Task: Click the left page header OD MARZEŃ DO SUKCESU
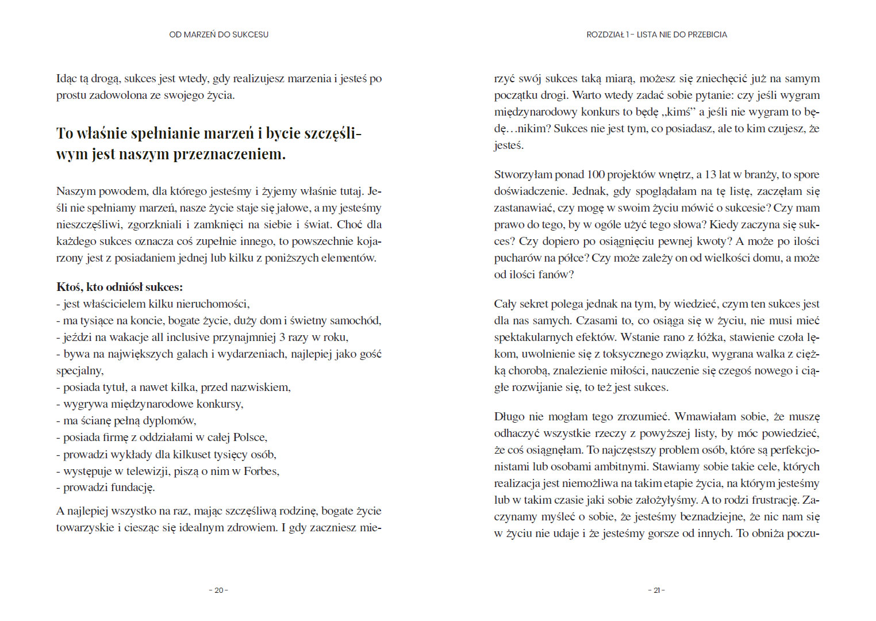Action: point(218,34)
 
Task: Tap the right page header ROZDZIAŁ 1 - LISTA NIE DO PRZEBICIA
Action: point(656,34)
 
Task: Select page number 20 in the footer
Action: point(218,590)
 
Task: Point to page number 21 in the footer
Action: point(656,590)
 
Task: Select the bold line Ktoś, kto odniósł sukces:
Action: point(120,287)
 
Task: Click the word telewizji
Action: point(149,471)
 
